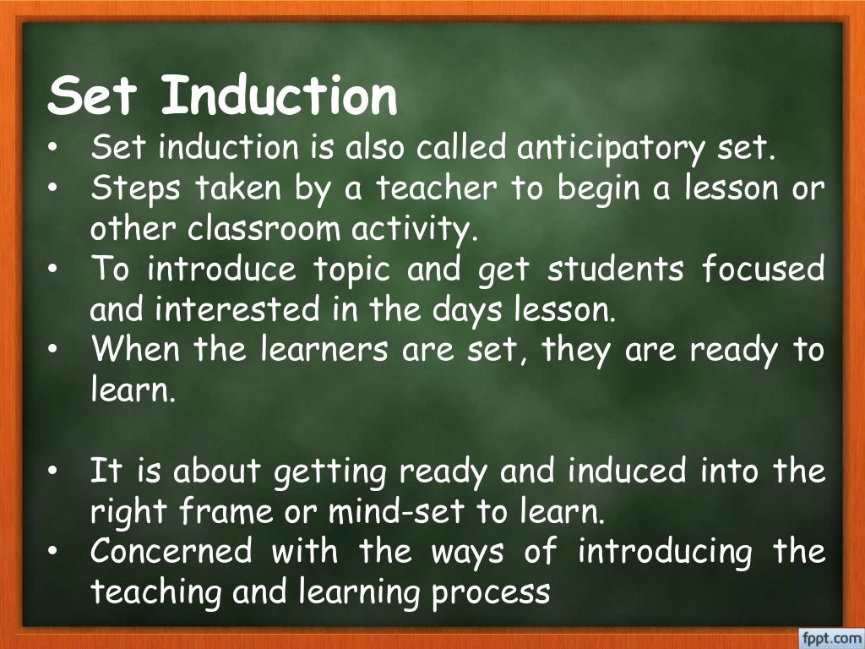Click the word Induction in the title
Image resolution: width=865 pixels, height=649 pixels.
tap(279, 96)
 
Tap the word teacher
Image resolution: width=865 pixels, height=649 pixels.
tap(437, 188)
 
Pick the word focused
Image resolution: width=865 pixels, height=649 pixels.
tap(764, 270)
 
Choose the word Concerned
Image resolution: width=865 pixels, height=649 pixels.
tap(171, 552)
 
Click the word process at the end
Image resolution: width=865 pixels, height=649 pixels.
tap(491, 592)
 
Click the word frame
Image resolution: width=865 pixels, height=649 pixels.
tap(220, 511)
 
